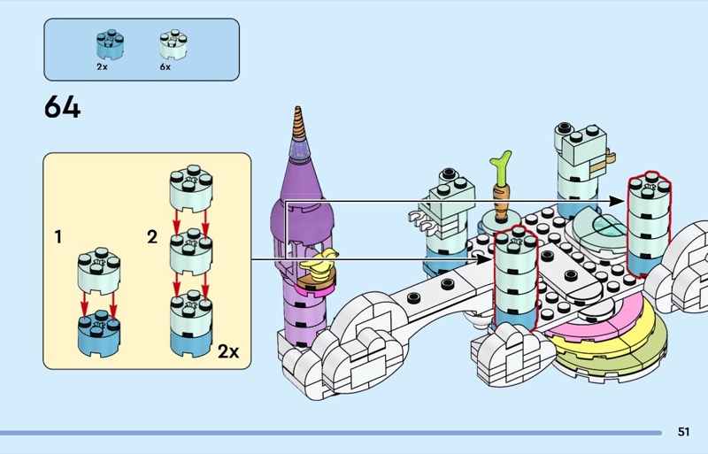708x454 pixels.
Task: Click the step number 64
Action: point(62,108)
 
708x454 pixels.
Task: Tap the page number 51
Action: point(683,432)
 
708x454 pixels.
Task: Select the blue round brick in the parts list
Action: point(109,44)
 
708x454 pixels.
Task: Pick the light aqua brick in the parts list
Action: point(172,44)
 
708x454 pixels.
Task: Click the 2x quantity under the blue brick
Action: point(102,66)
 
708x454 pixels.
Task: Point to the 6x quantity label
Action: point(165,66)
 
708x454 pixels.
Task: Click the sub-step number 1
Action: point(58,236)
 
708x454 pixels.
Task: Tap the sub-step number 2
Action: point(151,236)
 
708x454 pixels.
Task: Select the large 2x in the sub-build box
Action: point(227,351)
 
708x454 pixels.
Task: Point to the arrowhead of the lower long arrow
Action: point(486,260)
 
